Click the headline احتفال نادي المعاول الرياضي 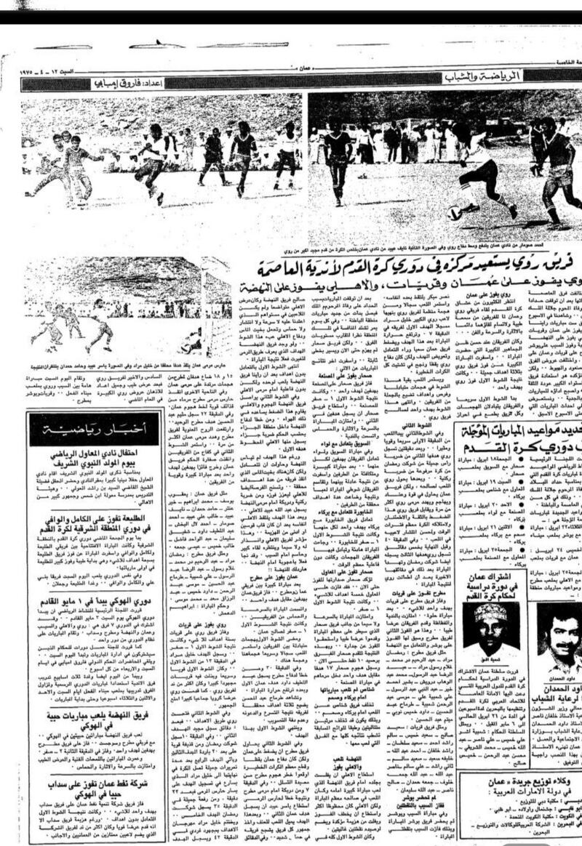click(95, 458)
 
